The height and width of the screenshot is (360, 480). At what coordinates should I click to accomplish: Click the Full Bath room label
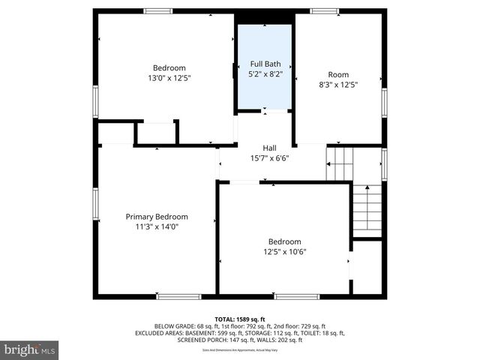tap(265, 64)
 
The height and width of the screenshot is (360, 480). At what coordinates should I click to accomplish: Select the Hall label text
tap(269, 148)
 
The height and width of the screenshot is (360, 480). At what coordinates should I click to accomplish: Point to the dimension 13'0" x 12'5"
tap(169, 77)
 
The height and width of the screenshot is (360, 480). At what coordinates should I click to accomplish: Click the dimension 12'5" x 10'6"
tap(284, 251)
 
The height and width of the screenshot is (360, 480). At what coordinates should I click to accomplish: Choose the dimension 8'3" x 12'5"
tap(338, 84)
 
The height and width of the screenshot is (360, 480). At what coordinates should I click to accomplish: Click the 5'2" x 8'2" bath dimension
tap(265, 74)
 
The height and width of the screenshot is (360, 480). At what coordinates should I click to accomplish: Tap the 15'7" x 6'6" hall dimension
tap(269, 157)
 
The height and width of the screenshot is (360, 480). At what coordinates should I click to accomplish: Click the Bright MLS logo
tap(30, 349)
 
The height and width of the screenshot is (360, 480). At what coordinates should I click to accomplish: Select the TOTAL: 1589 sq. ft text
tap(240, 319)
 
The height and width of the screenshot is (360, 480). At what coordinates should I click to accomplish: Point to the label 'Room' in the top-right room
tap(338, 74)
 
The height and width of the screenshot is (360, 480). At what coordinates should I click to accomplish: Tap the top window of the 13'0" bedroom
tap(157, 10)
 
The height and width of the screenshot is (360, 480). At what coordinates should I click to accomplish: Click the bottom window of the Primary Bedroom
tap(178, 297)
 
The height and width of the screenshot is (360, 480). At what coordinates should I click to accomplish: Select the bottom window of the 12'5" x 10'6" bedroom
tap(297, 297)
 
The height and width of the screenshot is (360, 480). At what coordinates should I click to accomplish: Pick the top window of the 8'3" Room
tap(324, 10)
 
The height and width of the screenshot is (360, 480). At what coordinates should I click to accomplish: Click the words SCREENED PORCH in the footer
tap(201, 340)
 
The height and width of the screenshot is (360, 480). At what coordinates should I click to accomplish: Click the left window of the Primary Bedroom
tap(95, 204)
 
